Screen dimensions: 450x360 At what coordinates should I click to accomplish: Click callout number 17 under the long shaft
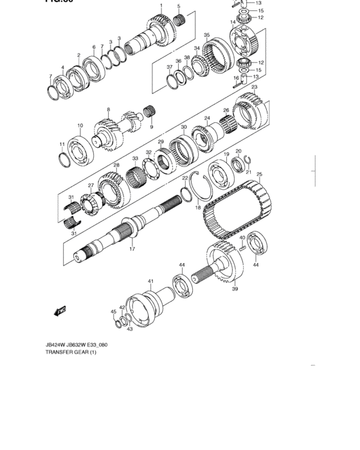132,249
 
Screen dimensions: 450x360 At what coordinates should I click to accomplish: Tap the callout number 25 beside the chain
259,174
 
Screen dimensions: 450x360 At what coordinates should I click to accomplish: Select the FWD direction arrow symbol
61,312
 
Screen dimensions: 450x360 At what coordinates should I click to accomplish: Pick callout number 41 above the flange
150,281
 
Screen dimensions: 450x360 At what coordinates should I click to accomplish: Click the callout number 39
235,289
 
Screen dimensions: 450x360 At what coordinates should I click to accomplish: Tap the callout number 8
109,109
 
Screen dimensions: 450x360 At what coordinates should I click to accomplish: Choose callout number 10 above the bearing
80,125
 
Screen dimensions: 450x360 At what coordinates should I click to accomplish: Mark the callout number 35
206,35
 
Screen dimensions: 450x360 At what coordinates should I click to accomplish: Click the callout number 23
255,87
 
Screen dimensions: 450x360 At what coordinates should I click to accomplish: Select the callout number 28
116,166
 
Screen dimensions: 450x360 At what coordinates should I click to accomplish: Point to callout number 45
114,312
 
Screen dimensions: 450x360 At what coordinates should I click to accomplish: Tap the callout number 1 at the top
161,5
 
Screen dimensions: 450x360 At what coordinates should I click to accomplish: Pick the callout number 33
135,158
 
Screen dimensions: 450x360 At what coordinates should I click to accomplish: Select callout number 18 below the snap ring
198,208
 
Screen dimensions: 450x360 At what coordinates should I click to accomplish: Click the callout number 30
183,127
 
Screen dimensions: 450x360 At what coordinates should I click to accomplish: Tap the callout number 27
91,186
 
